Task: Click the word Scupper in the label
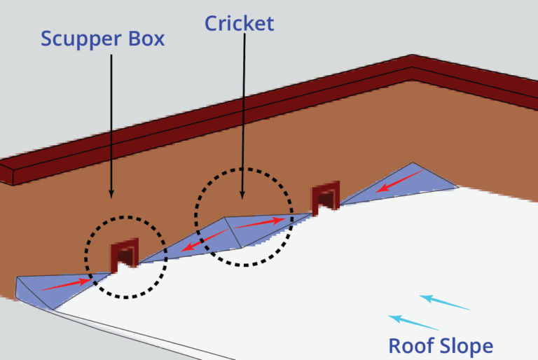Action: click(78, 39)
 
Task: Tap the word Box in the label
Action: click(143, 38)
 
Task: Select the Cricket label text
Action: click(239, 23)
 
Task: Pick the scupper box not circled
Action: click(326, 198)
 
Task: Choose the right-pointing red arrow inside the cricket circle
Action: click(261, 223)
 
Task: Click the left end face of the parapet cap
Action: click(7, 175)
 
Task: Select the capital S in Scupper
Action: click(47, 39)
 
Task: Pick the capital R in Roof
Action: click(394, 345)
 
